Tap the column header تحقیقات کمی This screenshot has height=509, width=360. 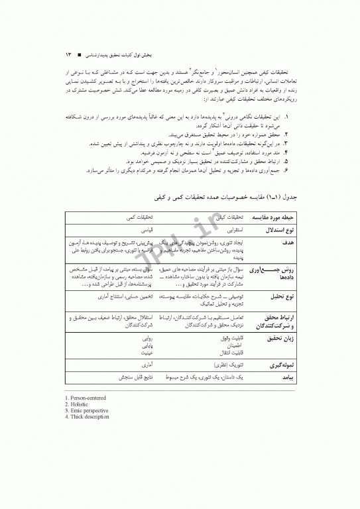point(141,217)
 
